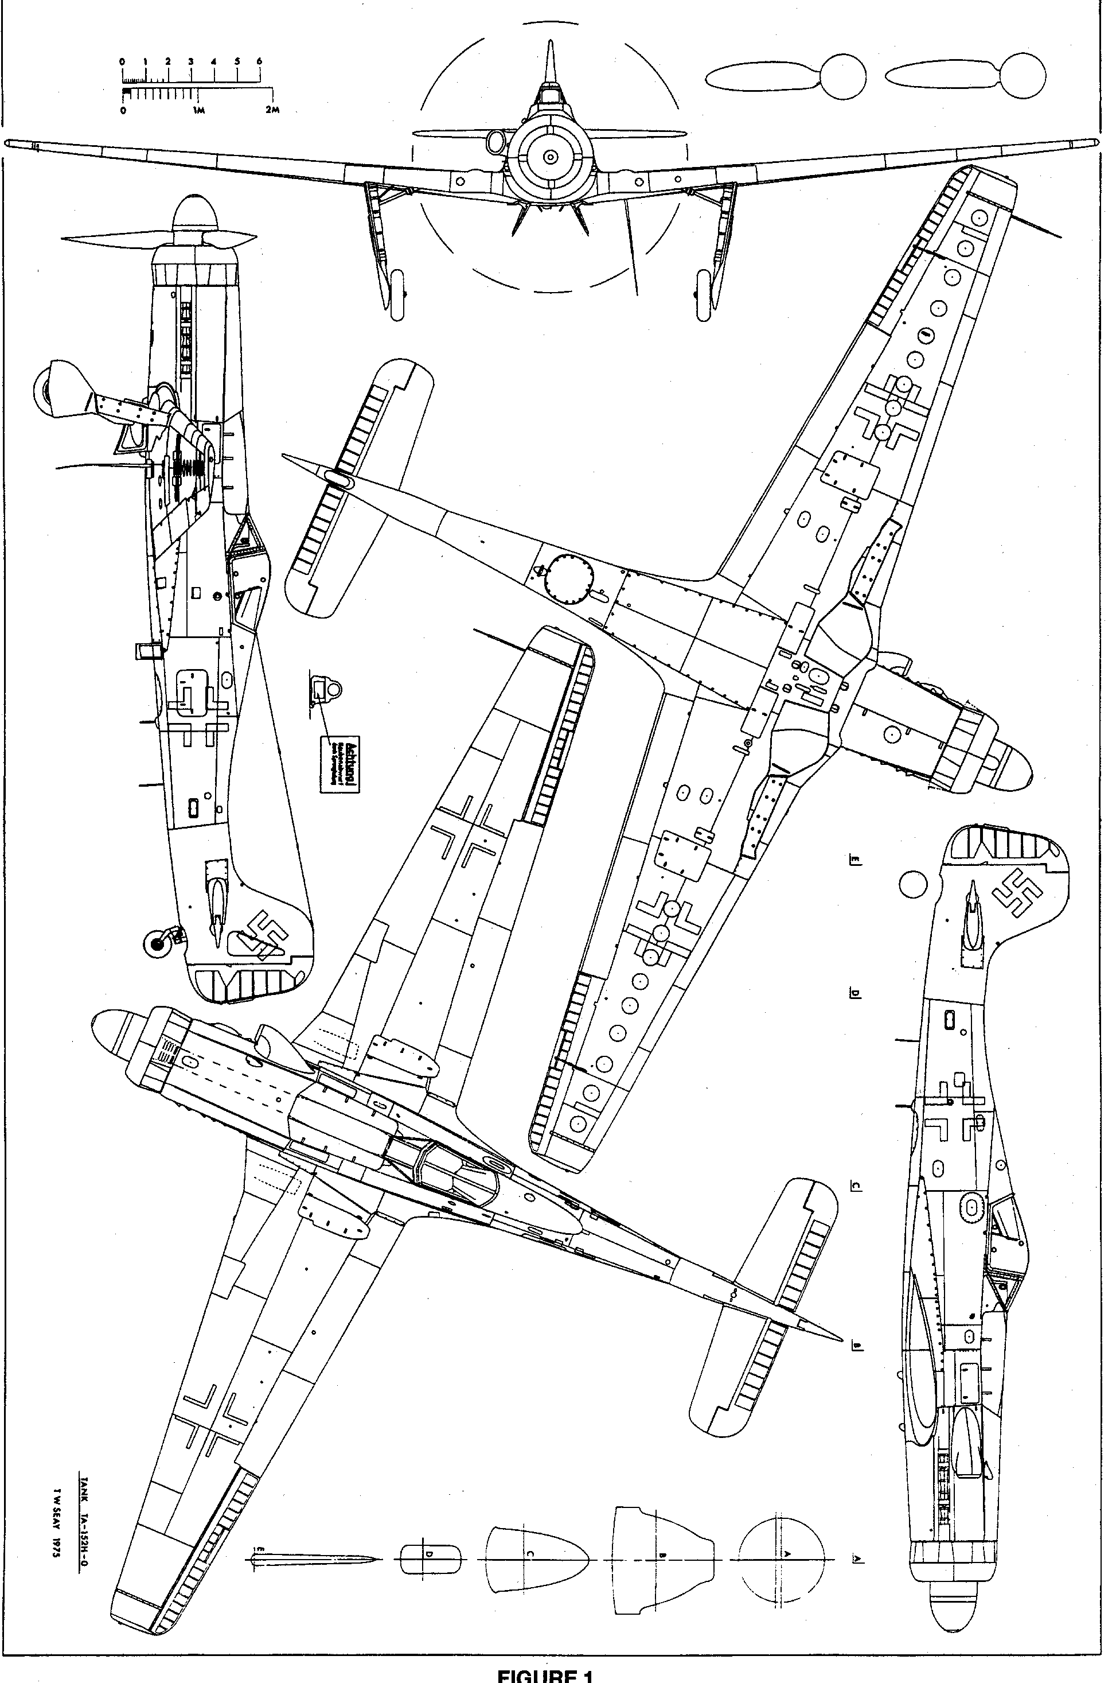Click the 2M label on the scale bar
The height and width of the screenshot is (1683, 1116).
pos(271,110)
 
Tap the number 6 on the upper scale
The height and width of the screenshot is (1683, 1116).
pos(259,61)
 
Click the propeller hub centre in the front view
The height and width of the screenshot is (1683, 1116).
pos(550,157)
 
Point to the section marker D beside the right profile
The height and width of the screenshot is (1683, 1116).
pos(856,994)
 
